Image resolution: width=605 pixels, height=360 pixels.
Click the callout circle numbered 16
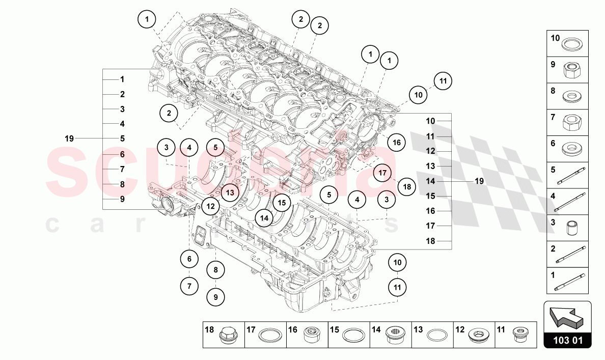click(x=397, y=143)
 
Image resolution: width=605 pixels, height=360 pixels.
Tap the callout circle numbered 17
click(x=382, y=173)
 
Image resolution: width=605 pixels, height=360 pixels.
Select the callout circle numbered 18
click(x=406, y=187)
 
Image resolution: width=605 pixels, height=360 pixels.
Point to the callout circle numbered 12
click(x=210, y=206)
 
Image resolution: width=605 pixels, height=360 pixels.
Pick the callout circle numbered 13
click(x=230, y=192)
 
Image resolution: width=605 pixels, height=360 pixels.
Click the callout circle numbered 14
click(x=264, y=218)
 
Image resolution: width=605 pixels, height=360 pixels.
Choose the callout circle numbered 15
click(x=281, y=203)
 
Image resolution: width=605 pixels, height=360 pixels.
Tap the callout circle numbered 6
click(x=189, y=259)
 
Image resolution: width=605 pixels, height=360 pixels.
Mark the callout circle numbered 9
click(x=215, y=296)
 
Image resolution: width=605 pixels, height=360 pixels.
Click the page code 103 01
click(x=567, y=340)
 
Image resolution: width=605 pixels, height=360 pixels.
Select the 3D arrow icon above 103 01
click(x=567, y=316)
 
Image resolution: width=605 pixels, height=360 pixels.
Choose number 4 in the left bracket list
click(x=122, y=124)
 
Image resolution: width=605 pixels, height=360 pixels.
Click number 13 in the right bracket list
click(x=431, y=166)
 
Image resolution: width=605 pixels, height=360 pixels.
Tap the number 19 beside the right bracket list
click(x=479, y=181)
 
